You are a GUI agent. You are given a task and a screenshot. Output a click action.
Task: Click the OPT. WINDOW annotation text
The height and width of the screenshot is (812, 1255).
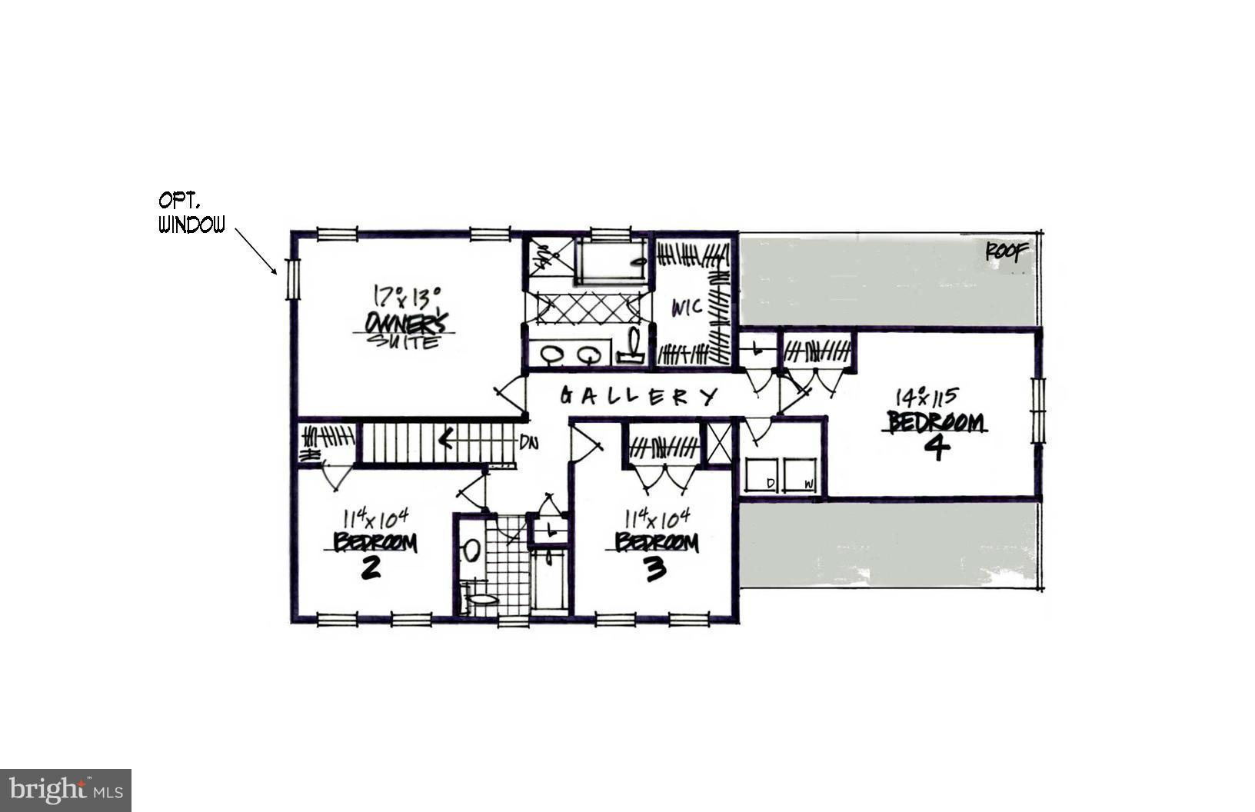[x=191, y=213]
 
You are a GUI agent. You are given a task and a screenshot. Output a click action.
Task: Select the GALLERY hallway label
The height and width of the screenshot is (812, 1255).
[x=637, y=396]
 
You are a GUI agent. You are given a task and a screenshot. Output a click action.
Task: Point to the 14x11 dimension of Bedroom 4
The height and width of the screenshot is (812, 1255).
[x=926, y=397]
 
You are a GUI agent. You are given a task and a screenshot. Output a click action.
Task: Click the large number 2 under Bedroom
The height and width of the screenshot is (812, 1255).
[x=370, y=568]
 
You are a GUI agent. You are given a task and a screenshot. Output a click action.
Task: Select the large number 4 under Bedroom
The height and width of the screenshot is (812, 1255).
[x=936, y=448]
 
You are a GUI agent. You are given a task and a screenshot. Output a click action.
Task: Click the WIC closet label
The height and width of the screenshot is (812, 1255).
[x=686, y=308]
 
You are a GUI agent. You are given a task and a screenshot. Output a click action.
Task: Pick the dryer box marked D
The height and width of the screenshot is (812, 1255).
[x=759, y=474]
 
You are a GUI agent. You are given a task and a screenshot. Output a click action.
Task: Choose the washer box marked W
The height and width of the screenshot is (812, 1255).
[x=800, y=474]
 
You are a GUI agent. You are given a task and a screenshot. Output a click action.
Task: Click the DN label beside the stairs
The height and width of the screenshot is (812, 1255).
[x=528, y=442]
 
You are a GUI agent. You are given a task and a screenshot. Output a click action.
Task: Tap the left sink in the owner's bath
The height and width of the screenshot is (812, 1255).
[x=551, y=354]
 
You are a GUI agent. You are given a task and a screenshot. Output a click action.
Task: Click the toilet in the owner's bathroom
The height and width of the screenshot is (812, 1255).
[x=633, y=344]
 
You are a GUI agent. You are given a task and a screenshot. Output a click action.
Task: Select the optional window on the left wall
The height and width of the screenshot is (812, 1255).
[x=292, y=279]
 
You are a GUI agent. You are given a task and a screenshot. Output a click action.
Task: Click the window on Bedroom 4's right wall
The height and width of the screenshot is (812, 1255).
[x=1039, y=411]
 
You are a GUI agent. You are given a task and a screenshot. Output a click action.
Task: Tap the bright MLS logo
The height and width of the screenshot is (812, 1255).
[x=65, y=790]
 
